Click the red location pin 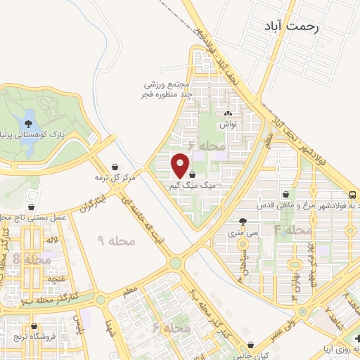click(181, 165)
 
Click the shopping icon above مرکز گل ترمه click(114, 167)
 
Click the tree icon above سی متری click(243, 220)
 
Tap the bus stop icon click(353, 195)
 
